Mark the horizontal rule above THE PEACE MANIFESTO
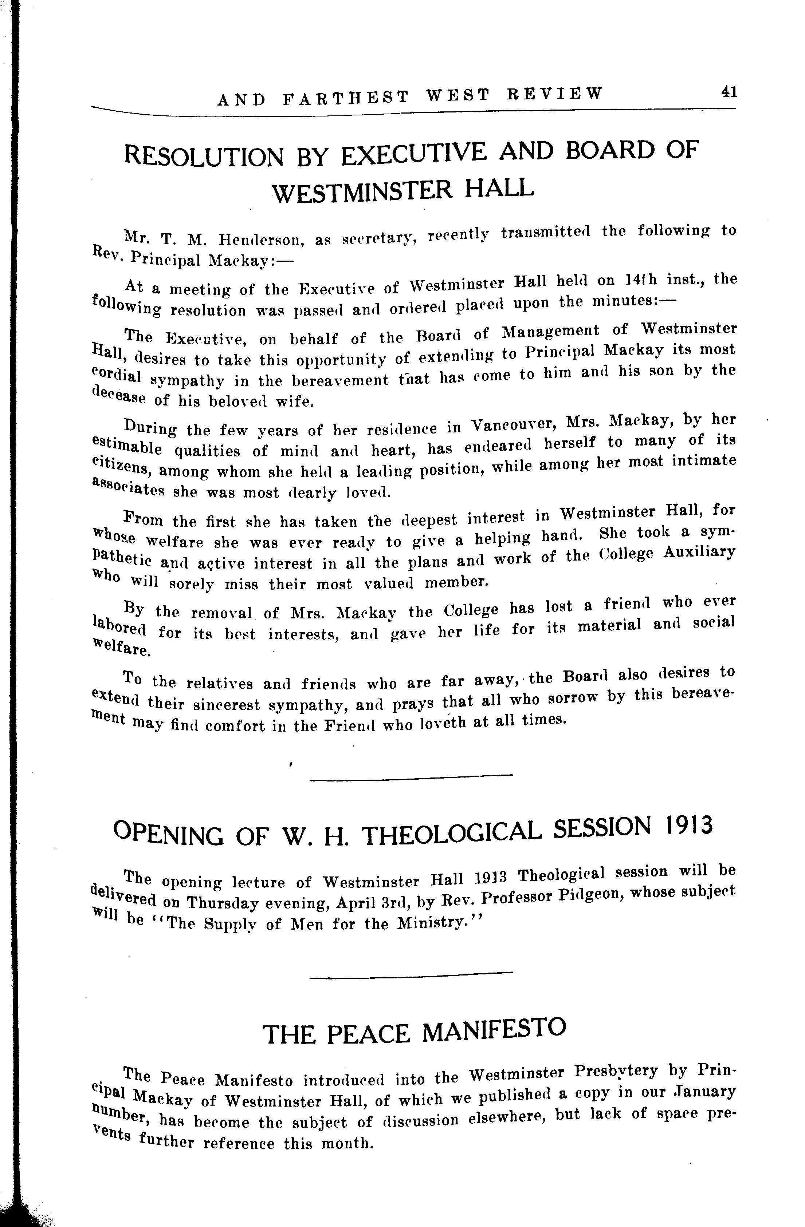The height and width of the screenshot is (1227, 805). click(411, 973)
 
